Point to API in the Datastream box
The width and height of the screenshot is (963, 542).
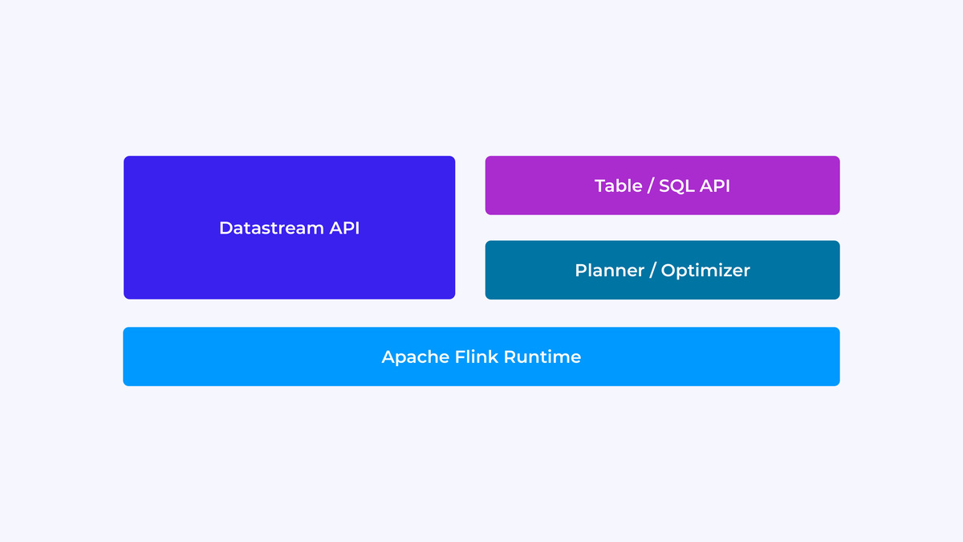click(344, 228)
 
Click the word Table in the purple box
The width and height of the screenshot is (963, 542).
click(618, 185)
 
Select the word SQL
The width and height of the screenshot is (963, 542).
click(677, 185)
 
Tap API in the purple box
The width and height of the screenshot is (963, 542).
click(714, 185)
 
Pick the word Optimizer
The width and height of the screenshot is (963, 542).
click(705, 271)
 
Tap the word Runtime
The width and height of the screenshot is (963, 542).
click(542, 357)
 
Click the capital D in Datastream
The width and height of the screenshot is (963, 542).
click(226, 228)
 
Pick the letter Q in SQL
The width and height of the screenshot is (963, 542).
click(677, 186)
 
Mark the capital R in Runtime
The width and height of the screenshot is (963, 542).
click(509, 357)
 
